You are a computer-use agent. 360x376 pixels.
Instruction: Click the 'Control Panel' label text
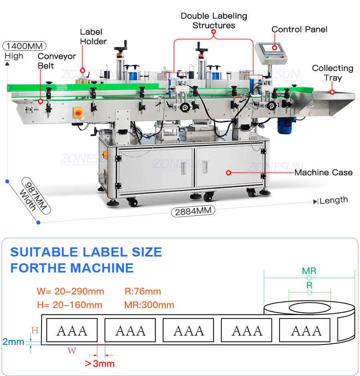(x=299, y=29)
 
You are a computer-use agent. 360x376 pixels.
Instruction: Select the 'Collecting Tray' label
(x=333, y=72)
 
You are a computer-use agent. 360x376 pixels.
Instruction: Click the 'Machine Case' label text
(x=323, y=173)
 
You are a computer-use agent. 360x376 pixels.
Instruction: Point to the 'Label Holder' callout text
(x=93, y=36)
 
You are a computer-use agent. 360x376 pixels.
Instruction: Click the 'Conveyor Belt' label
(x=56, y=60)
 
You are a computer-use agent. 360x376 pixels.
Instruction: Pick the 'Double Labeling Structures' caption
(x=214, y=20)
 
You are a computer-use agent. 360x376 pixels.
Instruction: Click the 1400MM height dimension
(x=24, y=45)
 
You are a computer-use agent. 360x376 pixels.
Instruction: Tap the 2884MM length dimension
(x=193, y=211)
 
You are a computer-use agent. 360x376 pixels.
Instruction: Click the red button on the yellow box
(x=78, y=113)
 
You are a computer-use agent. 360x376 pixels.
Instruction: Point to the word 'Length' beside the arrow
(x=334, y=200)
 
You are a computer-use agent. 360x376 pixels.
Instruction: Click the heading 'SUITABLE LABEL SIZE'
(x=86, y=252)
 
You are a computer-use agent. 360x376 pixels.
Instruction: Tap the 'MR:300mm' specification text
(x=149, y=305)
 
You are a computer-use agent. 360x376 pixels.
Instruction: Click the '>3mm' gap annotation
(x=100, y=363)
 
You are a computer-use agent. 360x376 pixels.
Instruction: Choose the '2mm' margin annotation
(x=13, y=342)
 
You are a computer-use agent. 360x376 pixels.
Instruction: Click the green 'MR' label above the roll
(x=309, y=271)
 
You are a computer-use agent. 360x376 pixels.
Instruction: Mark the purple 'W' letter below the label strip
(x=72, y=351)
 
